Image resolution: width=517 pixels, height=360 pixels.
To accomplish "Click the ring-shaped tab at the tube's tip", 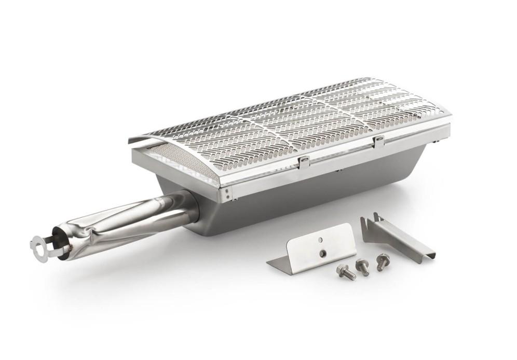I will click(37, 243).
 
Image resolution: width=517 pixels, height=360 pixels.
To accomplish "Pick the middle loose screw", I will click(362, 267).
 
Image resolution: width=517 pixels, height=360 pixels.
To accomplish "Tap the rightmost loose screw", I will click(383, 260).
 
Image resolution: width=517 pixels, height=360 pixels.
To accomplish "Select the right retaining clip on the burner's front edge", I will click(379, 141).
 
